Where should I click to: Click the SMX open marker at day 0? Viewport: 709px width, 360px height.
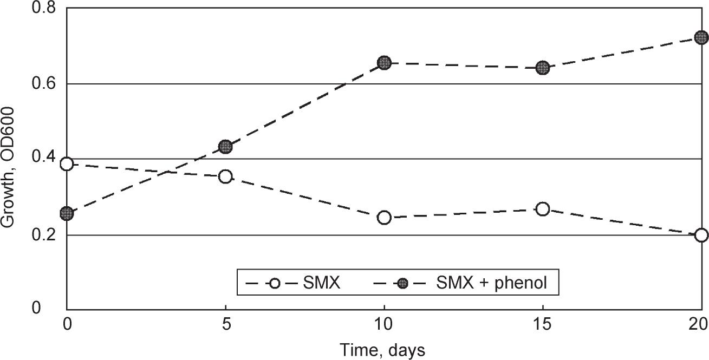pyautogui.click(x=67, y=164)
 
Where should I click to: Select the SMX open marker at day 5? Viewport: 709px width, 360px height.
pyautogui.click(x=225, y=176)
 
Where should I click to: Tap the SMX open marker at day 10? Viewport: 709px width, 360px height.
pyautogui.click(x=384, y=218)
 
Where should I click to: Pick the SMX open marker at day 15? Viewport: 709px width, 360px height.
pyautogui.click(x=543, y=209)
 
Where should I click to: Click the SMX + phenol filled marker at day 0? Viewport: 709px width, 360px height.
pyautogui.click(x=67, y=214)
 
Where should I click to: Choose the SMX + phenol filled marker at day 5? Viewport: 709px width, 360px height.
pyautogui.click(x=225, y=147)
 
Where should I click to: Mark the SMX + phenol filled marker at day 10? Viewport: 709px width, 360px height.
pyautogui.click(x=384, y=63)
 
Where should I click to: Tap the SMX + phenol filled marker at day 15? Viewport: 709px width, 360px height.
pyautogui.click(x=543, y=68)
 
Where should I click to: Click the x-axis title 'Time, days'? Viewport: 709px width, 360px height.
pyautogui.click(x=382, y=350)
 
